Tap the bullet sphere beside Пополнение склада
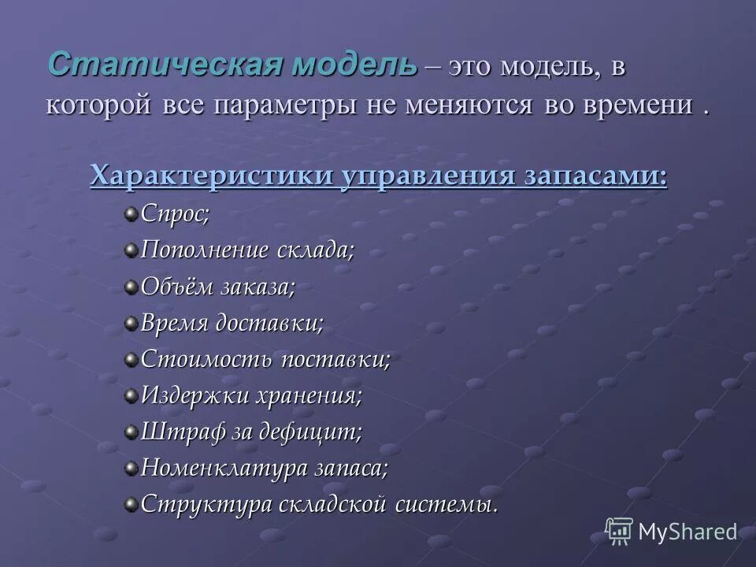point(131,250)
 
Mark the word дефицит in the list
point(315,432)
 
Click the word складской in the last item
point(339,504)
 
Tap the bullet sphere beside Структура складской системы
point(131,504)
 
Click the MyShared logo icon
point(619,531)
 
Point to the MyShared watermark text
point(687,532)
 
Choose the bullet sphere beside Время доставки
point(131,323)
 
